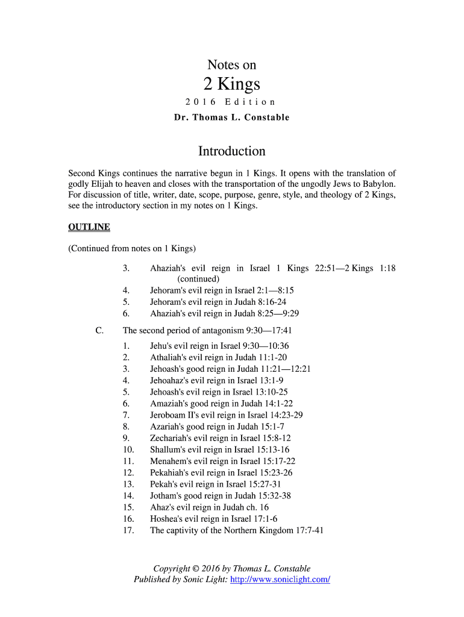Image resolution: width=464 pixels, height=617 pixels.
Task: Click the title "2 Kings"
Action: coord(231,84)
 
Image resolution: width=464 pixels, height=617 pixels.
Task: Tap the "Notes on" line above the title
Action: coord(231,65)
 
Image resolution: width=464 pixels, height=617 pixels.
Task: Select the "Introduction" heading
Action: coord(232,151)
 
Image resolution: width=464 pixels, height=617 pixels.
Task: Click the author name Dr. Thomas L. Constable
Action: coord(232,117)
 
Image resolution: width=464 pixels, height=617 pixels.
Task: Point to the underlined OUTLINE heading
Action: coord(89,227)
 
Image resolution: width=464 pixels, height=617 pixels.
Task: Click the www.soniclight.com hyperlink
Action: coord(280,580)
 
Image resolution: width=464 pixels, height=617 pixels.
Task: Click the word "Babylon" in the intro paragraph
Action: coord(377,184)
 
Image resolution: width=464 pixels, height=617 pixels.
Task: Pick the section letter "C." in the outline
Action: coord(99,331)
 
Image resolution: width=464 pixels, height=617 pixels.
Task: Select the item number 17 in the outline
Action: coord(128,531)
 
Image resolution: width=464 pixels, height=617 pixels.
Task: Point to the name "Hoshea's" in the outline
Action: coord(167,519)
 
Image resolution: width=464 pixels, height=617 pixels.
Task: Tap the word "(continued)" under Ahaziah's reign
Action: coord(198,279)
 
